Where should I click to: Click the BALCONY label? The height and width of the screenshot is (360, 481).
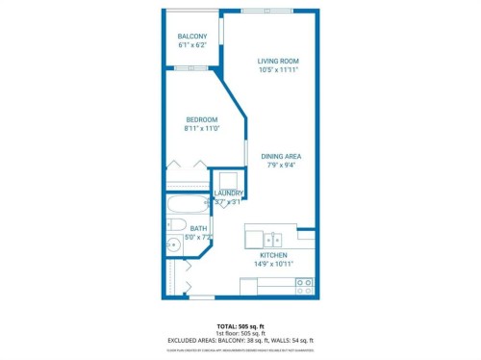click(192, 36)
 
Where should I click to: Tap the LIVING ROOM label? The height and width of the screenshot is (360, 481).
click(278, 61)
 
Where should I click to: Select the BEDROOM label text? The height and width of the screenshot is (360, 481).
click(202, 119)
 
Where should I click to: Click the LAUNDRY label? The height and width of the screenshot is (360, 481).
click(229, 193)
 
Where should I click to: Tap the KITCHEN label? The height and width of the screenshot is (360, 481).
click(274, 255)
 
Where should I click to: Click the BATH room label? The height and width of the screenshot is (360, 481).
click(197, 228)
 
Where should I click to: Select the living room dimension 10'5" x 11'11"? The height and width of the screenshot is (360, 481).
click(278, 70)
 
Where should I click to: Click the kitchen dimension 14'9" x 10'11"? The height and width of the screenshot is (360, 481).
click(274, 264)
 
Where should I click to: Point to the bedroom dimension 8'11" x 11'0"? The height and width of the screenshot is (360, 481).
click(202, 129)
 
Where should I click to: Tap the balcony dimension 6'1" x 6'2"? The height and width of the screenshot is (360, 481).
click(192, 45)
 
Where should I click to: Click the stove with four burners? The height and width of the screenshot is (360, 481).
click(304, 286)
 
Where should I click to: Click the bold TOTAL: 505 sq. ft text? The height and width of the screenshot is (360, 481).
click(240, 326)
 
